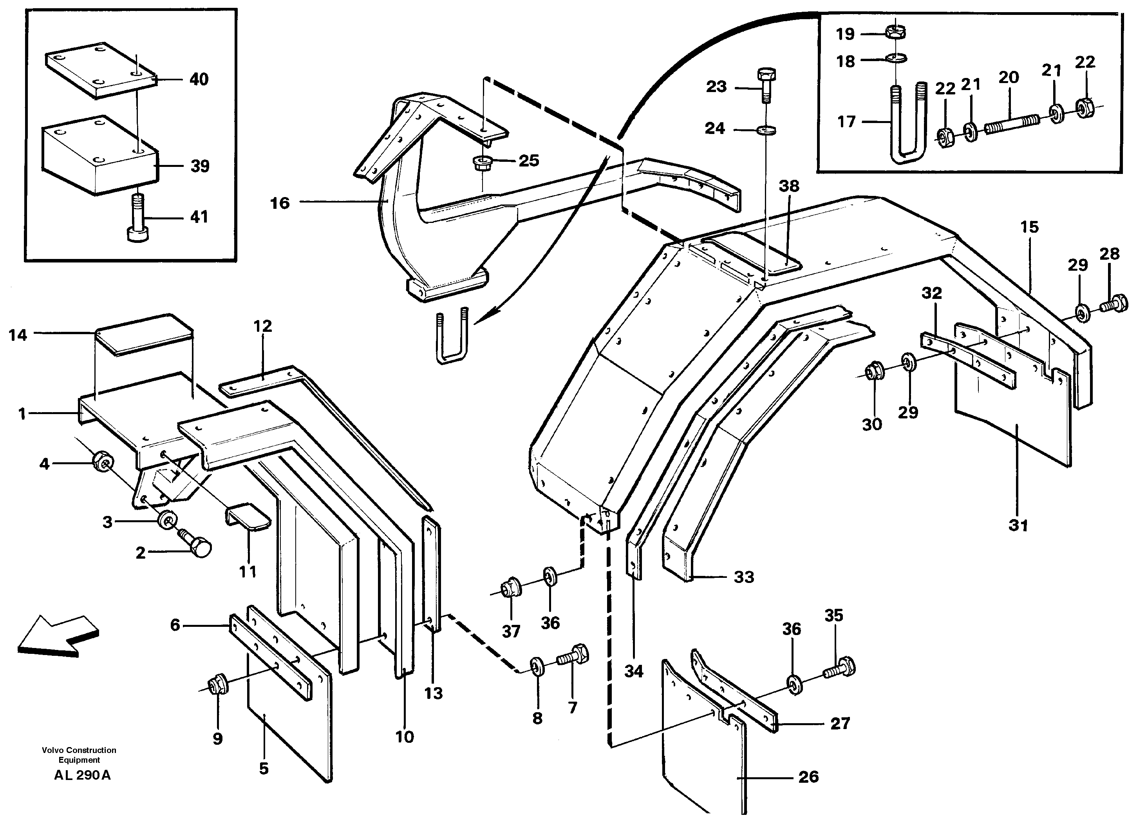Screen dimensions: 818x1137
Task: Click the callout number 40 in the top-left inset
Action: (199, 79)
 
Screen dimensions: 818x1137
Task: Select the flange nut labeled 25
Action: (482, 163)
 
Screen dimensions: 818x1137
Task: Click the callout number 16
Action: (280, 203)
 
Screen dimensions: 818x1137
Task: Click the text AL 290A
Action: (82, 775)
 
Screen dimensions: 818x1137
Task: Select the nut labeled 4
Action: (104, 460)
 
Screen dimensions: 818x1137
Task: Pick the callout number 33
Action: (743, 577)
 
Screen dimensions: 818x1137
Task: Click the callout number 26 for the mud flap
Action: (808, 777)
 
